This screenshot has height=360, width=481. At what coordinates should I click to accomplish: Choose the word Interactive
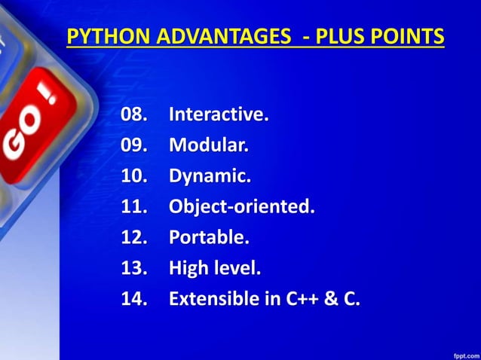point(219,116)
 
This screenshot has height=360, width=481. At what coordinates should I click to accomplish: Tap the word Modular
point(208,145)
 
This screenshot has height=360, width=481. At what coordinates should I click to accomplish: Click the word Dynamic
point(210,176)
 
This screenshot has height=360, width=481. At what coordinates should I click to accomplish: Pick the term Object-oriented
point(241,207)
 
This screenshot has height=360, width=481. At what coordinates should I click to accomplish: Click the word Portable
point(209,238)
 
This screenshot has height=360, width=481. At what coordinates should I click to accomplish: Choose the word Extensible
point(213,299)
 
